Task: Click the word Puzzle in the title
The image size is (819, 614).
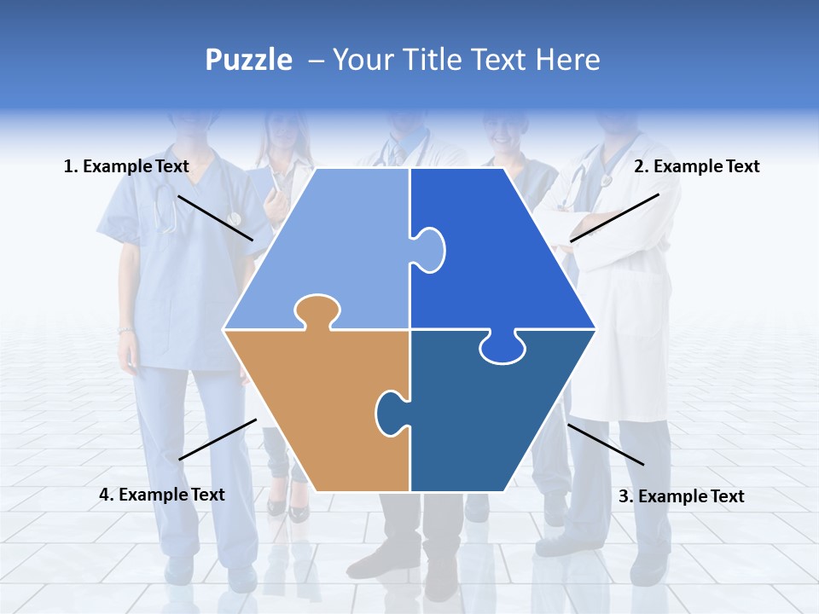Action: (248, 61)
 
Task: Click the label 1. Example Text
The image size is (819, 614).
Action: (126, 167)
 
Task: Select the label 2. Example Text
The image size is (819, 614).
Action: (696, 167)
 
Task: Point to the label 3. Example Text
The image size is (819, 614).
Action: (681, 496)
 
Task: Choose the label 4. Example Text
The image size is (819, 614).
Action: (162, 495)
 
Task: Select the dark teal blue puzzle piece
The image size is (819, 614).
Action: (478, 418)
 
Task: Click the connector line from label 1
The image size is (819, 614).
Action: (215, 217)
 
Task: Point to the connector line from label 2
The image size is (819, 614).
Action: (614, 217)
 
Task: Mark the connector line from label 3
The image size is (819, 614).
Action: (606, 444)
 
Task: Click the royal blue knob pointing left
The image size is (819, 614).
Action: (428, 249)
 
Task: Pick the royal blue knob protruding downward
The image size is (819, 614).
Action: (502, 348)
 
